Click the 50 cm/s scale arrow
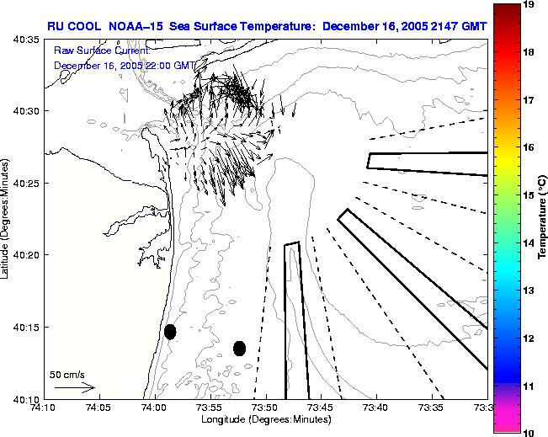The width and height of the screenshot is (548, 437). click(74, 388)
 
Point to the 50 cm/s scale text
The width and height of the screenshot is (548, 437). click(67, 374)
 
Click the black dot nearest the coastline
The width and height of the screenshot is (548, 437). click(170, 332)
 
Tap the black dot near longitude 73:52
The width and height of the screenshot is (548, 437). click(240, 348)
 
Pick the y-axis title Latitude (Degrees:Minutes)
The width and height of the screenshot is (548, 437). click(8, 218)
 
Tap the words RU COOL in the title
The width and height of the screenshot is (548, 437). click(72, 25)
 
